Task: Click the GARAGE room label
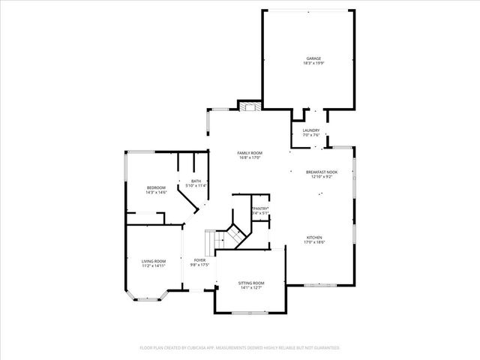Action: tap(312, 58)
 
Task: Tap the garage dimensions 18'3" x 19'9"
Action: tap(312, 64)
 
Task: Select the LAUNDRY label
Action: tap(311, 130)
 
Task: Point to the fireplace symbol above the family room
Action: tap(249, 106)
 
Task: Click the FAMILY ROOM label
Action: tap(249, 152)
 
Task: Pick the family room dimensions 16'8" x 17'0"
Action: tap(249, 157)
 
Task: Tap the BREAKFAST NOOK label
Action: tap(322, 172)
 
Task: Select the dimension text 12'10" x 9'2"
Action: tap(322, 177)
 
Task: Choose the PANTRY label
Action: tap(260, 208)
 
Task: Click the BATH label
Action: tap(196, 181)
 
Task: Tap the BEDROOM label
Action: tap(156, 187)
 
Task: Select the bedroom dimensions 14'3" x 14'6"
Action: tap(156, 192)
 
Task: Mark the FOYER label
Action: tap(200, 260)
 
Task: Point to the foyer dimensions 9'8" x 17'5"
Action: tap(200, 265)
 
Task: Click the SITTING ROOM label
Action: tap(250, 282)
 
